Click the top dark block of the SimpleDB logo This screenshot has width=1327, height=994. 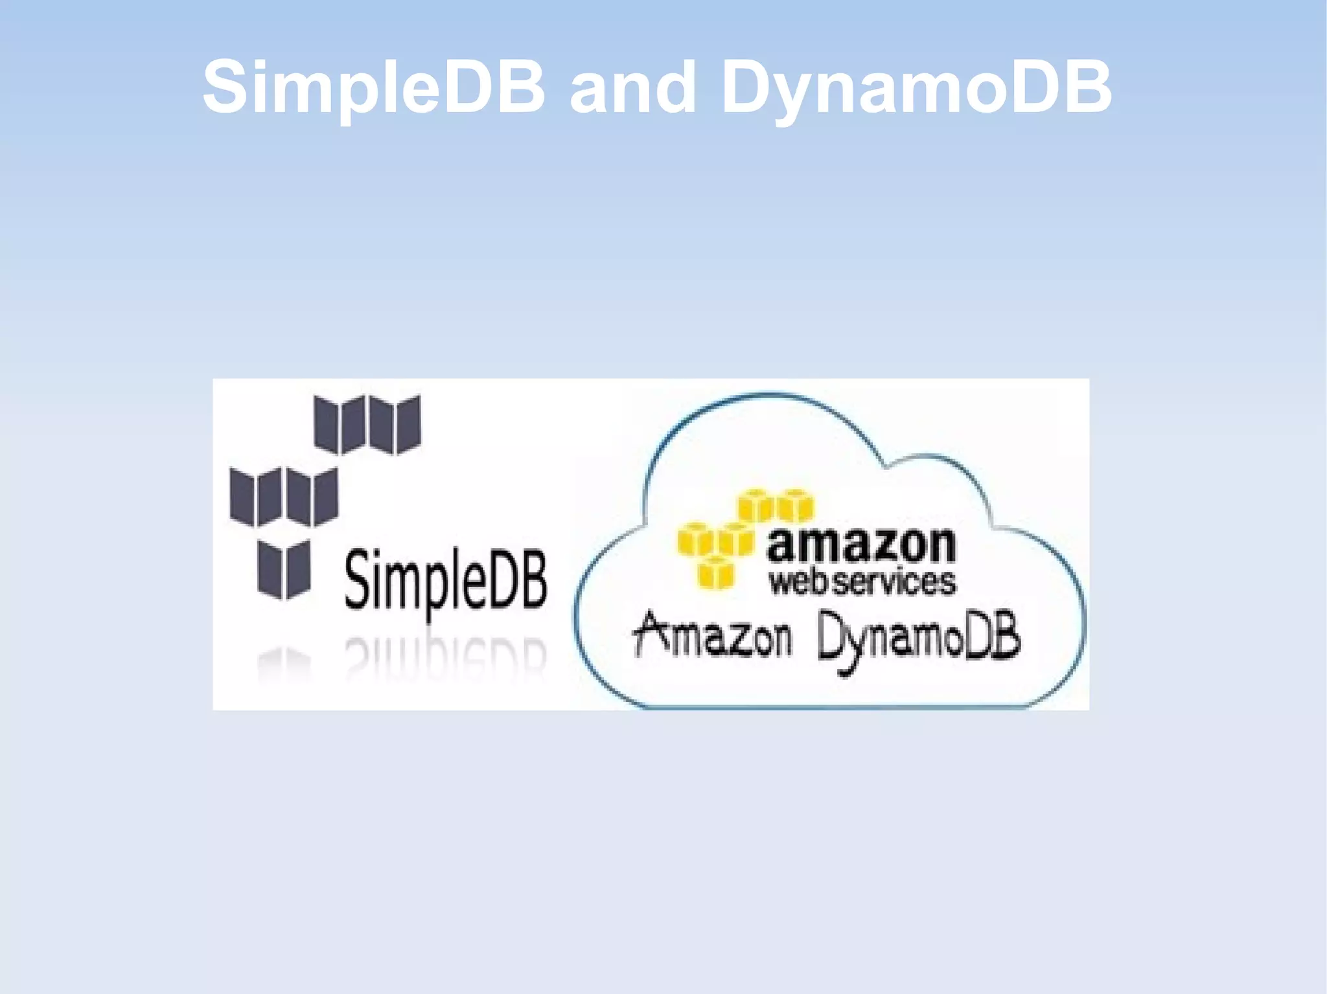click(367, 424)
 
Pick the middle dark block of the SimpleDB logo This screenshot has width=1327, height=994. click(284, 497)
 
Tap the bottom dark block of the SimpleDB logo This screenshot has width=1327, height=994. click(284, 569)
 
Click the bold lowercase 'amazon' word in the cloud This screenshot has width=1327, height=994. click(861, 546)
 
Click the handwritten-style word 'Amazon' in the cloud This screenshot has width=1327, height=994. click(713, 636)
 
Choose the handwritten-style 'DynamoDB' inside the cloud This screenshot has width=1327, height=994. click(918, 638)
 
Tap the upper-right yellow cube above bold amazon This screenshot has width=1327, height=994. click(795, 506)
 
